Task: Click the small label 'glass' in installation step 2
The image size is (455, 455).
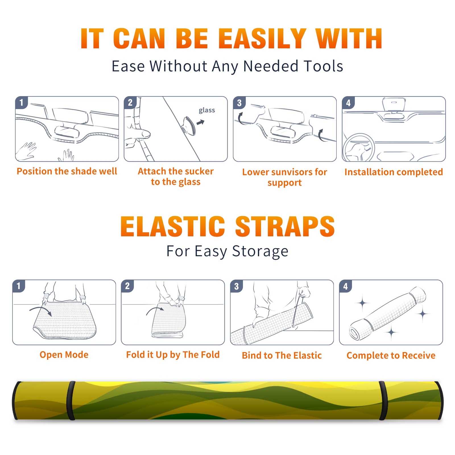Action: [x=207, y=110]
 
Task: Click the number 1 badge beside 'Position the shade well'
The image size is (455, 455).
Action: [x=21, y=102]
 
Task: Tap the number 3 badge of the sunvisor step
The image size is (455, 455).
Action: [x=239, y=102]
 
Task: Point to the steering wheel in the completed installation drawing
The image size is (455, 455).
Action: [x=359, y=148]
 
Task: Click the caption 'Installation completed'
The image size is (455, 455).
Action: [x=394, y=172]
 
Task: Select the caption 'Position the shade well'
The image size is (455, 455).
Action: [x=67, y=171]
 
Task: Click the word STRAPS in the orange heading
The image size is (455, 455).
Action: [x=285, y=226]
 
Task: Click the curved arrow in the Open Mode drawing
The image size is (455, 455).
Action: [x=41, y=311]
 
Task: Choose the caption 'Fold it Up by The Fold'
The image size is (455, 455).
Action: [x=173, y=355]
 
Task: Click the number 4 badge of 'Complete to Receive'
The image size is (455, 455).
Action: [x=346, y=286]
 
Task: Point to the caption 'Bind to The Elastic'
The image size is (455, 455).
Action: [x=282, y=355]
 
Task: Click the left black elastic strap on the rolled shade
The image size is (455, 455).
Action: [x=71, y=400]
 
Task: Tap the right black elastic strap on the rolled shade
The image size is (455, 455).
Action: [x=383, y=400]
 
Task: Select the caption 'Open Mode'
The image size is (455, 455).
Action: [x=64, y=355]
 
